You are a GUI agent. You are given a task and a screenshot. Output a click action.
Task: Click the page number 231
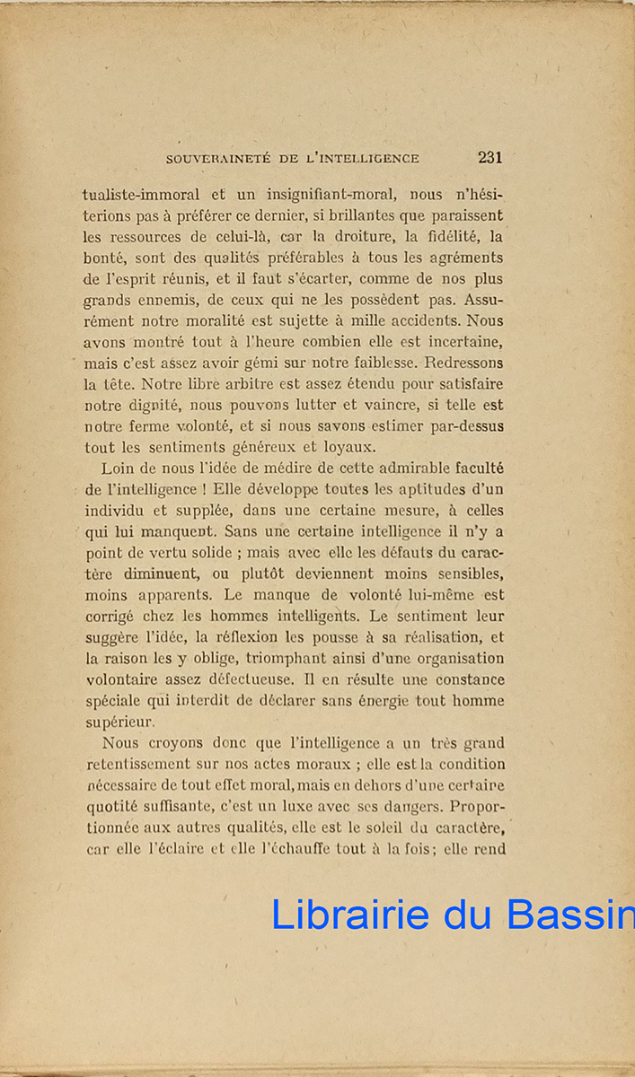[x=489, y=158]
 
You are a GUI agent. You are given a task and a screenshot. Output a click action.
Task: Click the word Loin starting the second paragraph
[x=117, y=468]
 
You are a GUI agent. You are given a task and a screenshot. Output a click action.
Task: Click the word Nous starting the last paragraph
[x=120, y=743]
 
